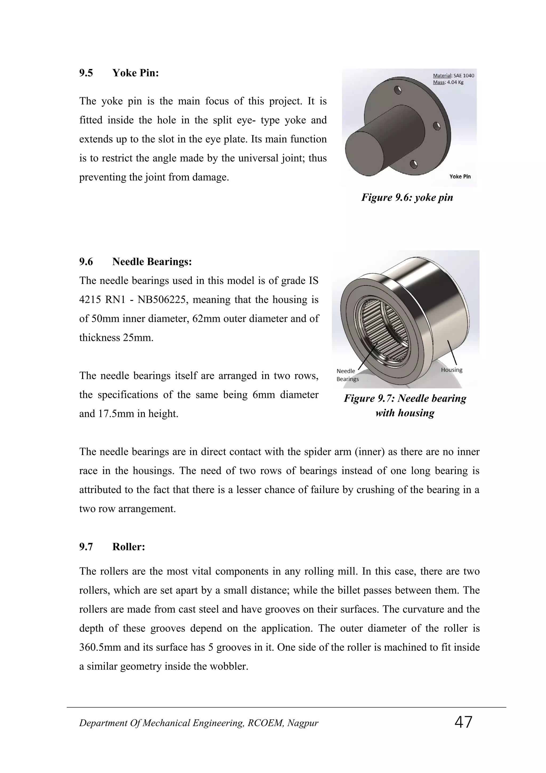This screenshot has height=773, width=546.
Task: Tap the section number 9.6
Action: point(86,262)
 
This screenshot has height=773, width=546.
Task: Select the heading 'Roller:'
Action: point(129,547)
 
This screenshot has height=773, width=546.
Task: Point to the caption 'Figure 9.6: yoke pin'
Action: point(407,197)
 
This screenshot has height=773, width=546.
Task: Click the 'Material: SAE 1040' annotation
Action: point(453,76)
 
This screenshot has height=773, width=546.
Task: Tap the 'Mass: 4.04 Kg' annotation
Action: point(448,82)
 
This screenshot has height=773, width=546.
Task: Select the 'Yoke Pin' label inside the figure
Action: point(460,176)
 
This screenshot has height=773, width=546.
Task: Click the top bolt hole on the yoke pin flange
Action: point(398,90)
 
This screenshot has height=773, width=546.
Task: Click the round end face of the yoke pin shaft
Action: point(365,153)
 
